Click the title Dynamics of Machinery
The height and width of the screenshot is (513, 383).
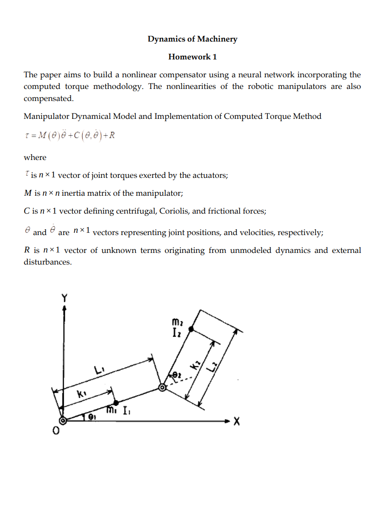pos(192,39)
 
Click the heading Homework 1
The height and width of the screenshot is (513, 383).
pos(192,57)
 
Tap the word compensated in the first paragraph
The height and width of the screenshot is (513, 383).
pos(48,98)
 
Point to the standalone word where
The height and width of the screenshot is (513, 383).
pos(35,157)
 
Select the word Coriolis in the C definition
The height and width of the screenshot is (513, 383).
pos(176,211)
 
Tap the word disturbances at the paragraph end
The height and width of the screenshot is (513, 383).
pos(47,262)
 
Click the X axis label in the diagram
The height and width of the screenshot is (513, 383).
pos(236,421)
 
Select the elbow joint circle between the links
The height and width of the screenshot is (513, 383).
pos(163,388)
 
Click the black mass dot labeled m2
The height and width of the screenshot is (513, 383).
pos(191,329)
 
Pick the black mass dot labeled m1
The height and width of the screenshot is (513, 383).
pos(116,403)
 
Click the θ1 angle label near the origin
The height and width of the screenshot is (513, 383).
pos(92,417)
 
